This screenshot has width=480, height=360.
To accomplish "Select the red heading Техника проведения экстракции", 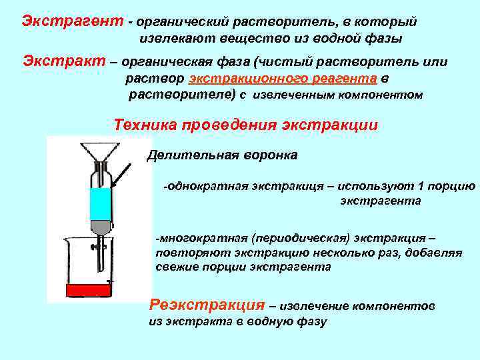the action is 246,125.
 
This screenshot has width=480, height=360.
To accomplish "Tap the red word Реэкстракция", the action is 207,305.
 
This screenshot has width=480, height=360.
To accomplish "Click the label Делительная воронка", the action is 223,155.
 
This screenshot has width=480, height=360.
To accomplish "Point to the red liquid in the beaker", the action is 86,290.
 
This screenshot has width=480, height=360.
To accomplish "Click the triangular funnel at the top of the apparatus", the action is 100,153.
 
